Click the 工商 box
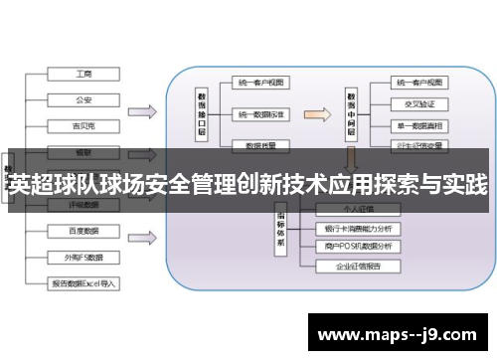[84, 74]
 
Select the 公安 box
[84, 99]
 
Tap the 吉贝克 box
[84, 125]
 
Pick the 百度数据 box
[84, 231]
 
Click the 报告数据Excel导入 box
[84, 282]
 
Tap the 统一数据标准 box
[260, 114]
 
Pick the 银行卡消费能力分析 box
[358, 228]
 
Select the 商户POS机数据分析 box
[358, 247]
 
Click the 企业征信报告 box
[358, 267]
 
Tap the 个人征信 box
[358, 209]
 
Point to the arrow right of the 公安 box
[143, 110]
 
